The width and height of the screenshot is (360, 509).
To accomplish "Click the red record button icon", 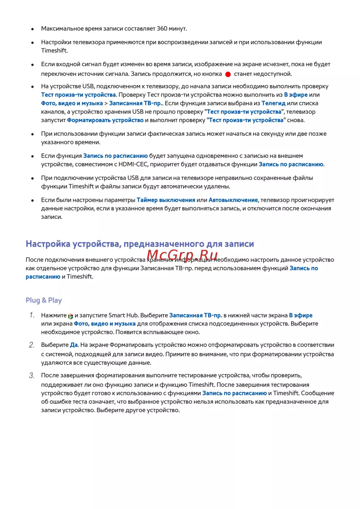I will [228, 74].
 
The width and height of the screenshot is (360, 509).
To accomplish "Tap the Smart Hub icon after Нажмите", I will [71, 316].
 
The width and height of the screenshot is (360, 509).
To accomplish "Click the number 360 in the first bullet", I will [162, 28].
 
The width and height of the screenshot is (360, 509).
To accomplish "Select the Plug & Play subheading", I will [44, 300].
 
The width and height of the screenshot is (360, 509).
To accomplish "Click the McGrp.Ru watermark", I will [182, 255].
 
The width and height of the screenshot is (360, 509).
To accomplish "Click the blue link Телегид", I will [273, 103].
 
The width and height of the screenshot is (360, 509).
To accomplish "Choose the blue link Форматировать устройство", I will [105, 120].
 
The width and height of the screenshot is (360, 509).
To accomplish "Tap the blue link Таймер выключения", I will [166, 200].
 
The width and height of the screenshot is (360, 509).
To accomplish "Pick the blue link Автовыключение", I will [233, 200].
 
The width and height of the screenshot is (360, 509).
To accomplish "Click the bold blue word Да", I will [74, 345].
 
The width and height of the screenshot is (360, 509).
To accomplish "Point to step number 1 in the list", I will [32, 315].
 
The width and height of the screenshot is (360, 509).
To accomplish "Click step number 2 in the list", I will [32, 345].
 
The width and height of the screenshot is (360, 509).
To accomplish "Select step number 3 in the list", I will [32, 375].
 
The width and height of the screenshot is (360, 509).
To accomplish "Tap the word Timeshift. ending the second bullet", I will [54, 51].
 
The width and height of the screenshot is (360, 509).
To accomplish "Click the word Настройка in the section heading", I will [48, 244].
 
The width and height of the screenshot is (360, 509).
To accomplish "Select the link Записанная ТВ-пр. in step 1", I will [195, 315].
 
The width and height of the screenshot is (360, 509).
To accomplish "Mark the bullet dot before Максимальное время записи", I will [32, 29].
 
